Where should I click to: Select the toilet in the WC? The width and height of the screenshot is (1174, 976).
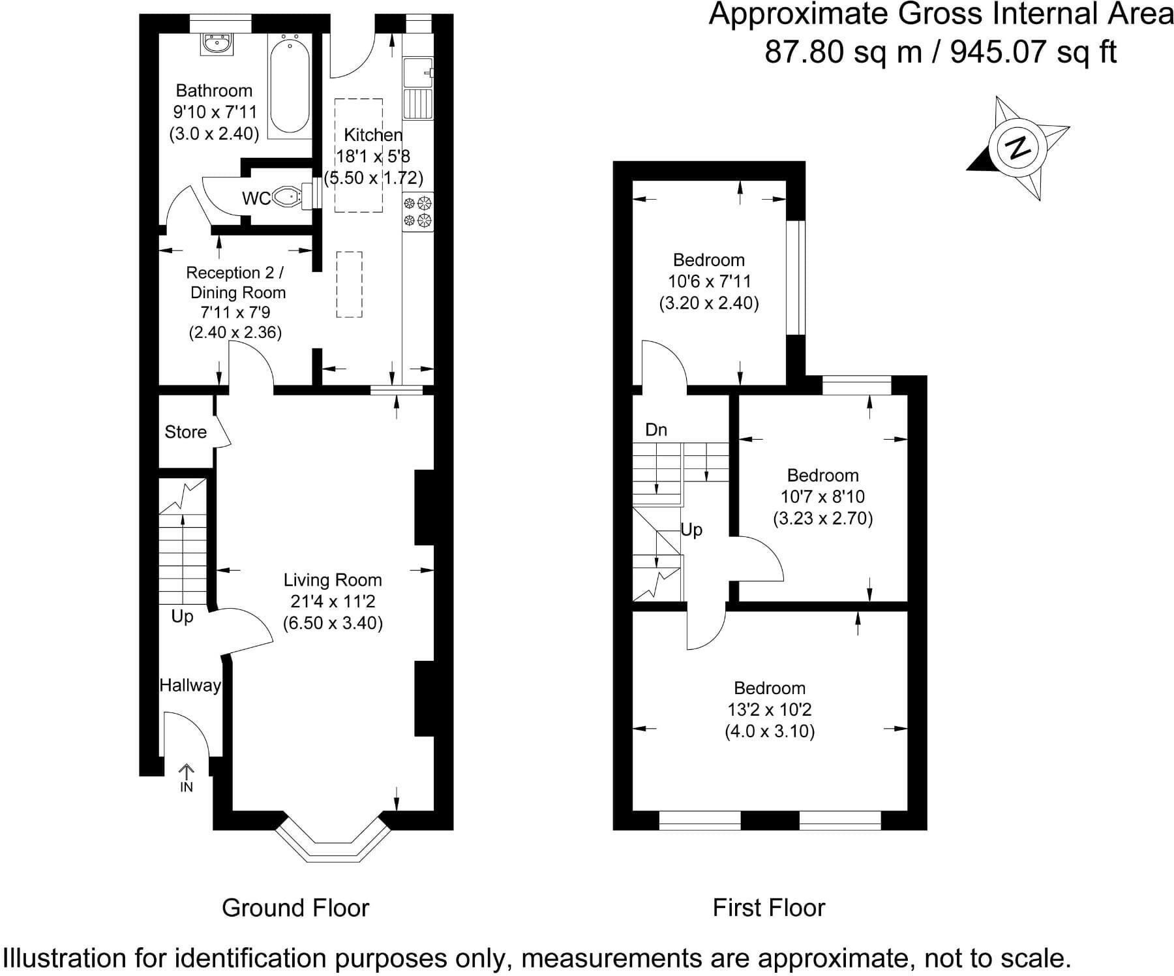287,196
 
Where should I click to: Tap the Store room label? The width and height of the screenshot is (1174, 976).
185,432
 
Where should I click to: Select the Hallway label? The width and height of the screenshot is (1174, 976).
190,685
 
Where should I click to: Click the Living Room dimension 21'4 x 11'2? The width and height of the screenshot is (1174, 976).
333,602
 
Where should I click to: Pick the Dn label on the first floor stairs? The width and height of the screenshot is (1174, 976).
656,430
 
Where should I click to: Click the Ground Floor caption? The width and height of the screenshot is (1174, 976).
295,907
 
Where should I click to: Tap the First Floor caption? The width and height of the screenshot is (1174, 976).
768,907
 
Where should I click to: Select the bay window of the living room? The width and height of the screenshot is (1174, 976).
333,847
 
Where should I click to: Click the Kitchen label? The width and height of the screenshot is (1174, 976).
373,135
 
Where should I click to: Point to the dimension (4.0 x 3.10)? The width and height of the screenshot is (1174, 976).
770,731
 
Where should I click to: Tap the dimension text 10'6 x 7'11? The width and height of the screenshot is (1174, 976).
709,281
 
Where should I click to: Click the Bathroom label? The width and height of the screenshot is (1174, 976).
214,91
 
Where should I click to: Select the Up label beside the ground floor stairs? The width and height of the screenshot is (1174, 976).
182,616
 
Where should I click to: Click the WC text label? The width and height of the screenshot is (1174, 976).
256,198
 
